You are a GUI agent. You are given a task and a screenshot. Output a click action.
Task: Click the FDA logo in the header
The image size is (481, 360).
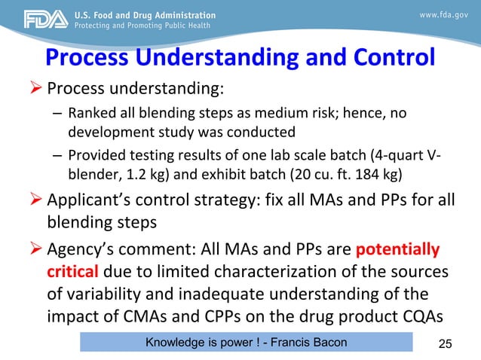pyautogui.click(x=35, y=19)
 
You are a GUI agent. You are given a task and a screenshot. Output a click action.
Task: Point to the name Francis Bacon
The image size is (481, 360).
pyautogui.click(x=309, y=343)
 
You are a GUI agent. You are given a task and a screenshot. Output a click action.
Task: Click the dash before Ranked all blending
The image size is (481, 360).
pyautogui.click(x=57, y=115)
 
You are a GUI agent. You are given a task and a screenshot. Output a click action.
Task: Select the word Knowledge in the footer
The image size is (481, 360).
pyautogui.click(x=174, y=343)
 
